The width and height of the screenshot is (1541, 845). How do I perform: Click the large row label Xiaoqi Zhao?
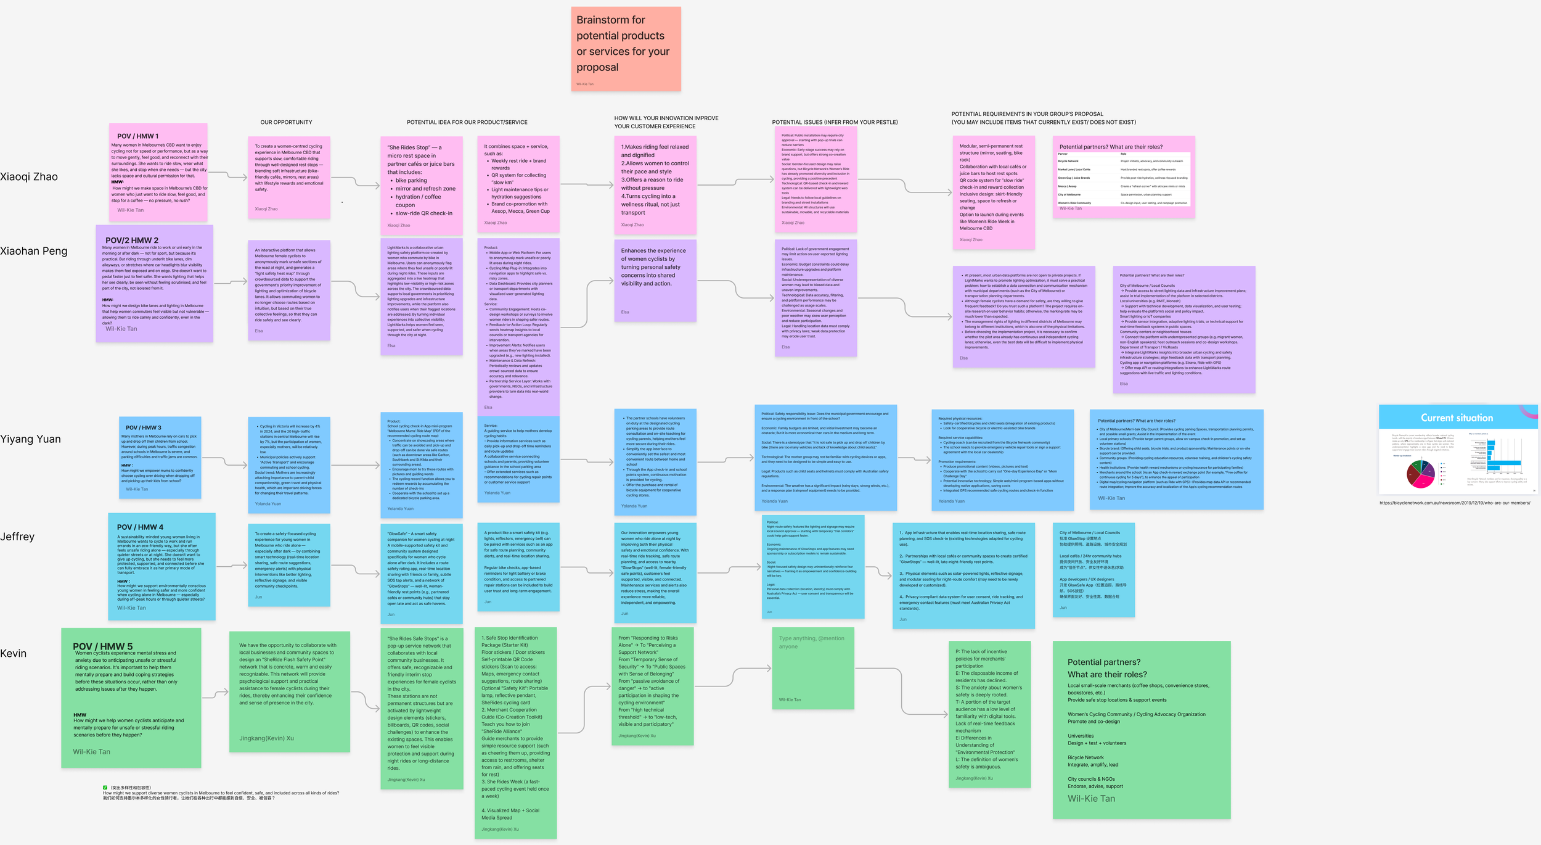[x=29, y=177]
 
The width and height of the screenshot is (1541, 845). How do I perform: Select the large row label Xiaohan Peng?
[x=34, y=251]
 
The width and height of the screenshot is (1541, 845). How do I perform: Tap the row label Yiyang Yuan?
[x=31, y=439]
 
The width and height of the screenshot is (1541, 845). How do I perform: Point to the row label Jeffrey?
[x=17, y=537]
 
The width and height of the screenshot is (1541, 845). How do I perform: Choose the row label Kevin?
[x=14, y=654]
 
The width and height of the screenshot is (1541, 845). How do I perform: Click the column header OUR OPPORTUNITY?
[x=286, y=122]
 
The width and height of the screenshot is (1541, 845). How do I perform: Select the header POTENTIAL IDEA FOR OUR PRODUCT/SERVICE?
[x=467, y=122]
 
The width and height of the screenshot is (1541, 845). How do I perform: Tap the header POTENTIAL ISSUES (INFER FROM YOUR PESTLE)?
[x=835, y=122]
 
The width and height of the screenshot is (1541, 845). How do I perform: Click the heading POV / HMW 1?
[x=137, y=136]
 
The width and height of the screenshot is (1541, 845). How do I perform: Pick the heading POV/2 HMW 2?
[x=132, y=241]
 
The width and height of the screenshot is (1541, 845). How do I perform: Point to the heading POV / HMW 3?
[x=144, y=427]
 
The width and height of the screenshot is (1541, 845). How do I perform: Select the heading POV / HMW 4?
[x=140, y=527]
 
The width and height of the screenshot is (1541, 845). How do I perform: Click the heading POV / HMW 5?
[x=103, y=646]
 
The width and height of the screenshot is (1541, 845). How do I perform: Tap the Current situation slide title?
[x=1457, y=418]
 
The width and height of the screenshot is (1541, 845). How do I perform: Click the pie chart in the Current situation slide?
[x=1421, y=474]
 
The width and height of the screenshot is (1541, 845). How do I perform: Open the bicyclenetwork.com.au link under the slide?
[x=1455, y=503]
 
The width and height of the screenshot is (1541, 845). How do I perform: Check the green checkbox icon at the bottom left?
[x=105, y=788]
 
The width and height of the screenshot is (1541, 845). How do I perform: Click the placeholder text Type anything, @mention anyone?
[x=811, y=642]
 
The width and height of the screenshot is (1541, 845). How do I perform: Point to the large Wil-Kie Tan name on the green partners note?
[x=1091, y=799]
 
